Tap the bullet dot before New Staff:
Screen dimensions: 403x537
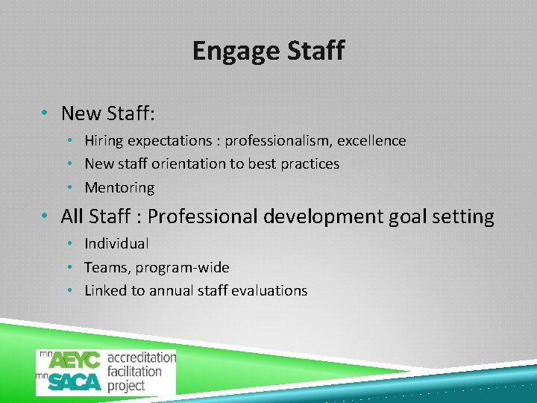click(46, 113)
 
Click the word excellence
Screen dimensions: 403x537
click(373, 141)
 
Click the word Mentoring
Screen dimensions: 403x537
click(119, 188)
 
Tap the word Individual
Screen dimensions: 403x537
click(116, 243)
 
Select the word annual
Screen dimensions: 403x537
click(172, 291)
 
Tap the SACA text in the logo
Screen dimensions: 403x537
click(75, 382)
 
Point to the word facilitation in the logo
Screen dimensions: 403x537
click(134, 371)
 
